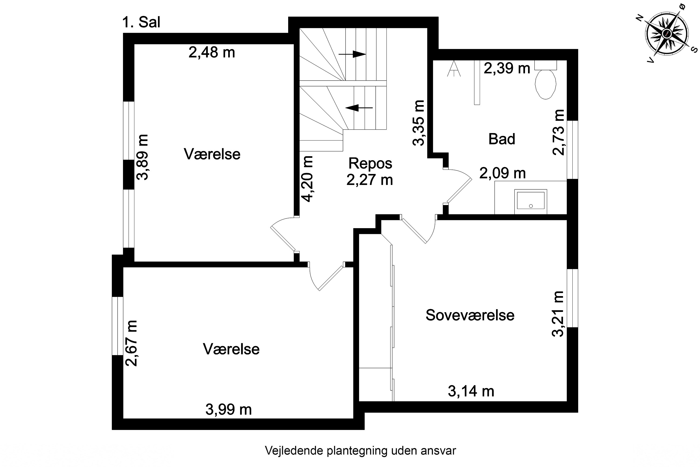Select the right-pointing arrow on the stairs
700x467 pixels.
tap(352, 54)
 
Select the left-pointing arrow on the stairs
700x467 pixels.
tap(359, 108)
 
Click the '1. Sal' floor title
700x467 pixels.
tap(141, 22)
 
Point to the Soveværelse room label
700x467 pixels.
tap(470, 315)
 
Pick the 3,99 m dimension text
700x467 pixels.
tap(229, 410)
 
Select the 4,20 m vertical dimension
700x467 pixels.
tap(307, 179)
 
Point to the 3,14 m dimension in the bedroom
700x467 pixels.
tap(471, 391)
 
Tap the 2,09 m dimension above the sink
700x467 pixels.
tap(502, 173)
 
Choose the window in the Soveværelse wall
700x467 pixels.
tap(572, 298)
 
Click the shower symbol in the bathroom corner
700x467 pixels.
tap(454, 69)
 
